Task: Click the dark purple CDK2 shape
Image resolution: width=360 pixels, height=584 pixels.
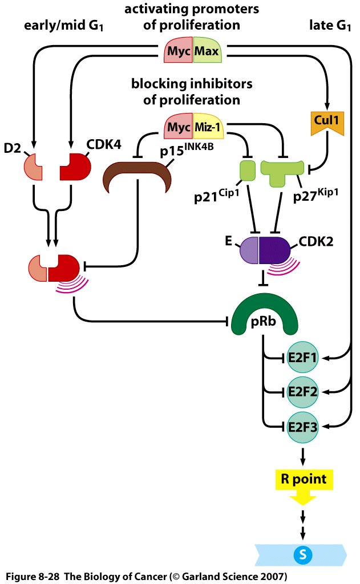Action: (276, 252)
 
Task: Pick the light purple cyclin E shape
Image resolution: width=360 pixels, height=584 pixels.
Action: (249, 252)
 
